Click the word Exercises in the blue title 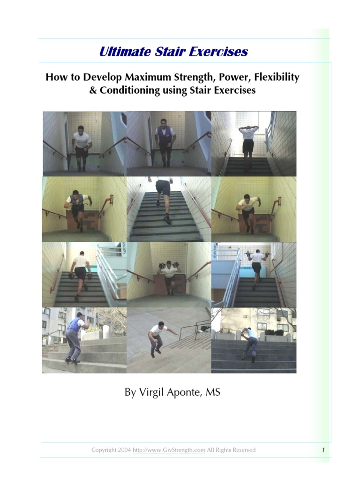[x=218, y=52]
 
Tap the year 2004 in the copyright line [x=124, y=450]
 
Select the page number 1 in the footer [x=323, y=450]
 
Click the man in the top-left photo [x=82, y=145]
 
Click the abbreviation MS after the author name [x=213, y=392]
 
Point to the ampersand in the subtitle [x=92, y=90]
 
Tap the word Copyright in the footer [x=104, y=450]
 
